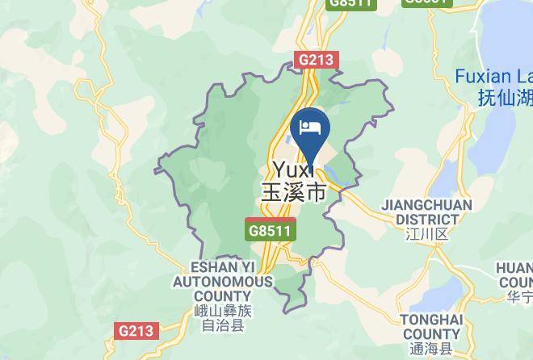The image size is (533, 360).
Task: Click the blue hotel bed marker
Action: [310, 128]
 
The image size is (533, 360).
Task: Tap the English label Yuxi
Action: [295, 170]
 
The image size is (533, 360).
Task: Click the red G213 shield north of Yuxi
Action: [317, 60]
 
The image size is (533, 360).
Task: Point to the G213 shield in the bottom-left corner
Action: [135, 330]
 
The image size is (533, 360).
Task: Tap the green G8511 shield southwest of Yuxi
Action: [271, 230]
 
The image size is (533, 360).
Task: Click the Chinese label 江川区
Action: [427, 235]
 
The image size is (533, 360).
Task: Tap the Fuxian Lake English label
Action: [493, 77]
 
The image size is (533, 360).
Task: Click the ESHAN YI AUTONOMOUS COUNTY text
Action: [221, 282]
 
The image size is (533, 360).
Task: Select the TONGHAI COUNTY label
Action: [431, 327]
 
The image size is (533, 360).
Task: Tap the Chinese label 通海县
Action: [431, 349]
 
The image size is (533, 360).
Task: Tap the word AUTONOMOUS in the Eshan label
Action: [221, 282]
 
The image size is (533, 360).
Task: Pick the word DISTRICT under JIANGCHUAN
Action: [427, 219]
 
